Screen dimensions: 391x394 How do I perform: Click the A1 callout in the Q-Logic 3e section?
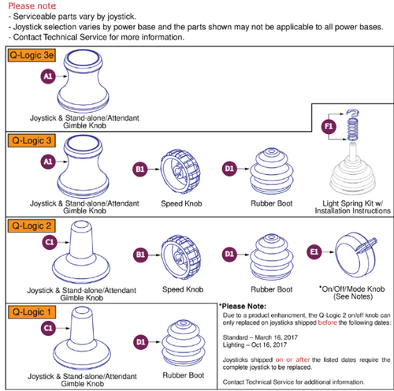click(x=47, y=76)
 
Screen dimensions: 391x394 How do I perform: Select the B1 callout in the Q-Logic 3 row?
click(x=139, y=169)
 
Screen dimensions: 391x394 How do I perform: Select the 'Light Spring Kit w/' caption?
click(x=351, y=203)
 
